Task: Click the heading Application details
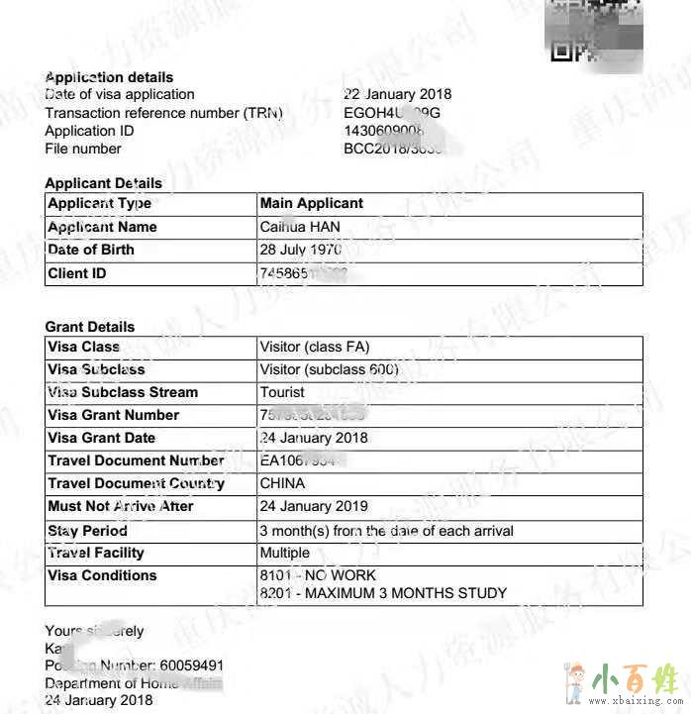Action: pyautogui.click(x=109, y=77)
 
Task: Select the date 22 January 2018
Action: pyautogui.click(x=397, y=95)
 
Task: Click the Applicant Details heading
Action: pyautogui.click(x=103, y=183)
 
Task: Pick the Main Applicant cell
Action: pyautogui.click(x=311, y=203)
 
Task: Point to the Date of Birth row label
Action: pyautogui.click(x=90, y=250)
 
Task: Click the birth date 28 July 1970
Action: pyautogui.click(x=300, y=250)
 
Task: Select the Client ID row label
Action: pyautogui.click(x=76, y=273)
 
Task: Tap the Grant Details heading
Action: pyautogui.click(x=89, y=327)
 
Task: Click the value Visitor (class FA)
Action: pyautogui.click(x=315, y=348)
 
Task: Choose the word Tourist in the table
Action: pyautogui.click(x=282, y=392)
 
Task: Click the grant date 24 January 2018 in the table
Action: pyautogui.click(x=313, y=438)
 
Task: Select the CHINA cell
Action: pyautogui.click(x=282, y=483)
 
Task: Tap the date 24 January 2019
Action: pyautogui.click(x=313, y=506)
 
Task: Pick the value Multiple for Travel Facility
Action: pyautogui.click(x=284, y=553)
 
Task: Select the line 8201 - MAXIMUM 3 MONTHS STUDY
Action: pyautogui.click(x=382, y=593)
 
